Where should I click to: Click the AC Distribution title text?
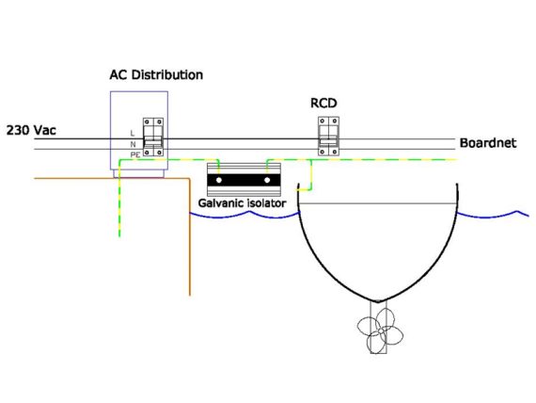[x=156, y=75]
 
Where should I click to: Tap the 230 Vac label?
[x=31, y=131]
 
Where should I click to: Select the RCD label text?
[x=323, y=103]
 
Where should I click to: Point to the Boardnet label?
[x=488, y=143]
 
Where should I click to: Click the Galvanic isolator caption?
[x=242, y=203]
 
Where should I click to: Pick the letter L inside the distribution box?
[x=133, y=133]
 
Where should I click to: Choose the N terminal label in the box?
[x=133, y=144]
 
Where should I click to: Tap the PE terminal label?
[x=135, y=155]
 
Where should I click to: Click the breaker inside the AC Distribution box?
[x=153, y=137]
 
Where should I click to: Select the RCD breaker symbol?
[x=328, y=137]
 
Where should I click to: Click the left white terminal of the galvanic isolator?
[x=219, y=180]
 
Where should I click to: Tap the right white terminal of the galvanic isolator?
[x=267, y=180]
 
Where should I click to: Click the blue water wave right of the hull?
[x=493, y=216]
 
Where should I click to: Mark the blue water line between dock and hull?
[x=244, y=215]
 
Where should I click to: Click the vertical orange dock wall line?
[x=190, y=236]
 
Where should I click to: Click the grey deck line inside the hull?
[x=378, y=203]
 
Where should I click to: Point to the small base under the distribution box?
[x=139, y=173]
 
